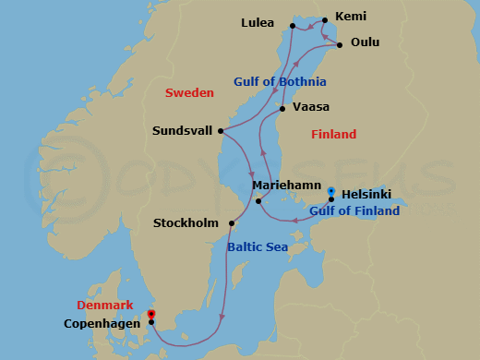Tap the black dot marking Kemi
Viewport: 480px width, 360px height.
click(324, 18)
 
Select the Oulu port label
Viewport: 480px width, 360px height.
click(366, 42)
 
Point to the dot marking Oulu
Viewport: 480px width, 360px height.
click(339, 43)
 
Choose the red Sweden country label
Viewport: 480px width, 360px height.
click(189, 93)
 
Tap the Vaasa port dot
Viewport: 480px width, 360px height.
click(282, 109)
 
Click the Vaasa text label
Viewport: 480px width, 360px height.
click(311, 107)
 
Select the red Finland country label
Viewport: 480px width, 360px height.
click(333, 135)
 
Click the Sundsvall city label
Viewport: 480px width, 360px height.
click(183, 131)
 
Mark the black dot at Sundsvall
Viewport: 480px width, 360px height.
click(221, 131)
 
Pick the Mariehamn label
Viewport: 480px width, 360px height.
click(284, 185)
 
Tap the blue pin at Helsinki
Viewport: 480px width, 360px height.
click(331, 192)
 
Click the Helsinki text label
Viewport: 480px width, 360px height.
click(366, 194)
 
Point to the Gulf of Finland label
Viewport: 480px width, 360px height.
click(354, 211)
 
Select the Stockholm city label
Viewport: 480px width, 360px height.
click(187, 223)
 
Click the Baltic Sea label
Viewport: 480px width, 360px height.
click(258, 247)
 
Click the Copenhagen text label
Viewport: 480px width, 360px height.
click(102, 323)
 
